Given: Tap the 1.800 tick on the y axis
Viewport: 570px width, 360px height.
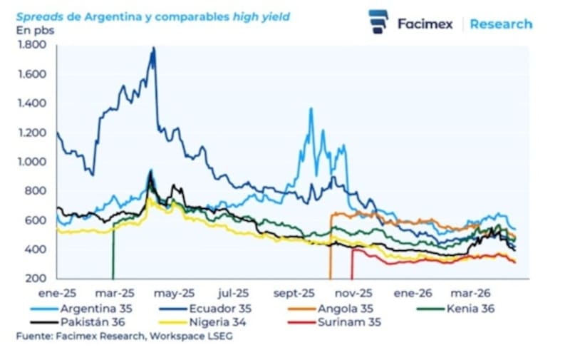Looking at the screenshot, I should (x=30, y=45).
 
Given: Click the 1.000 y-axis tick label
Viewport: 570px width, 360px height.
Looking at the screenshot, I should (x=30, y=162).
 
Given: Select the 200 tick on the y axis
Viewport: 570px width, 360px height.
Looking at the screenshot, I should (x=35, y=279).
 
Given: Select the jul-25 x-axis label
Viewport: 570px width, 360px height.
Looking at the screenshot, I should (x=233, y=292).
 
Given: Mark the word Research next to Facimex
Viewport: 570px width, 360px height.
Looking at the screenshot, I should (x=501, y=24).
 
